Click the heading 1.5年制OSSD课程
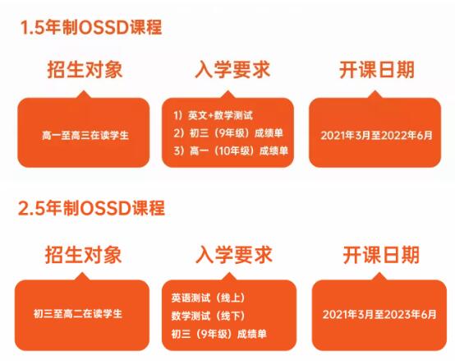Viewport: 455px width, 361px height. pyautogui.click(x=91, y=27)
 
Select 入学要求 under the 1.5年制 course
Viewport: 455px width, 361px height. pyautogui.click(x=227, y=69)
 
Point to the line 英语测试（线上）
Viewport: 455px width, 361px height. pyautogui.click(x=209, y=297)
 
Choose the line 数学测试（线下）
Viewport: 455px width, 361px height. pyautogui.click(x=209, y=315)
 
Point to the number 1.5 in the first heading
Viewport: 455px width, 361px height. pyautogui.click(x=31, y=27)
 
